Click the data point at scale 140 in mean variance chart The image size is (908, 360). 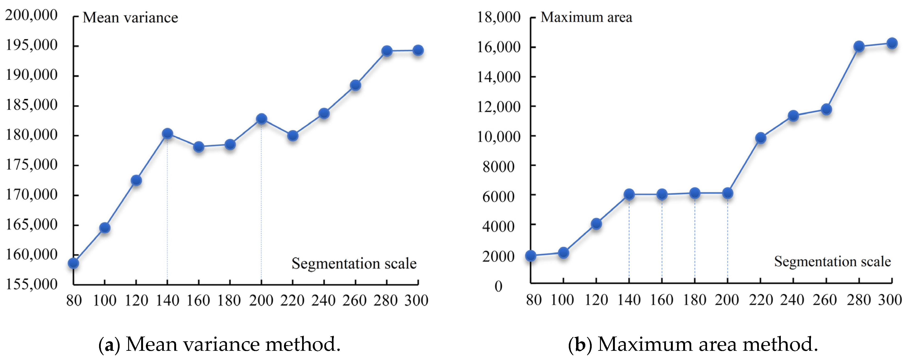(x=167, y=134)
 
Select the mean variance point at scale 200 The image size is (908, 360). (x=261, y=119)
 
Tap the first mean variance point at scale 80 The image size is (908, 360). (x=73, y=263)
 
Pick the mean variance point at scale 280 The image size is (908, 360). (x=387, y=51)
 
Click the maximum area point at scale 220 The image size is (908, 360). (x=761, y=138)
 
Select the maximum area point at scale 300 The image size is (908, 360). (x=892, y=43)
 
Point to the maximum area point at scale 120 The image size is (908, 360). (x=596, y=224)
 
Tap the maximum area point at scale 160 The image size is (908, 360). (x=662, y=194)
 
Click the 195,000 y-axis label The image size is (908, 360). (x=31, y=45)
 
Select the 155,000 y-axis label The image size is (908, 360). (x=31, y=284)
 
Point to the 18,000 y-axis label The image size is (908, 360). (x=498, y=17)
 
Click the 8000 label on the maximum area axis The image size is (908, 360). (x=498, y=166)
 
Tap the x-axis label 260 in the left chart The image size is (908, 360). (x=355, y=300)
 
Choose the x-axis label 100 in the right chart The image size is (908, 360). (x=562, y=300)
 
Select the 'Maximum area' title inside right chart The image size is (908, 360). (x=586, y=17)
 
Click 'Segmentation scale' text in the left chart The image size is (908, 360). (x=354, y=263)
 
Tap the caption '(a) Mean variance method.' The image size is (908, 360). (x=219, y=344)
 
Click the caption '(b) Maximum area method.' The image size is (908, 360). (x=693, y=344)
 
